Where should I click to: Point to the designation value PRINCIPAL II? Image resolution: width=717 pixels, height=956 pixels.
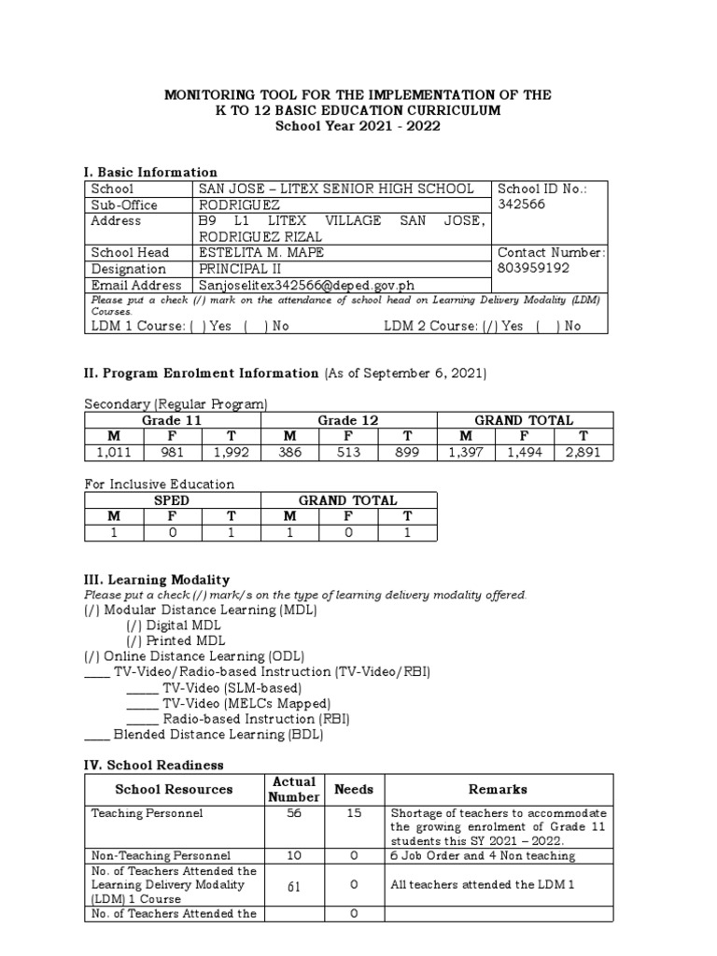[x=238, y=269]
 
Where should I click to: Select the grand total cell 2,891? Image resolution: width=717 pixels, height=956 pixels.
[x=583, y=453]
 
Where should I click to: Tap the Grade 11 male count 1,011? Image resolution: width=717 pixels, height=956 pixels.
[x=114, y=453]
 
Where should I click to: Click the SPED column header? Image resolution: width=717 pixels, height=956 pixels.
[x=172, y=500]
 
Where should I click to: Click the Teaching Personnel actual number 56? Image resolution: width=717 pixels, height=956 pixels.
[x=294, y=813]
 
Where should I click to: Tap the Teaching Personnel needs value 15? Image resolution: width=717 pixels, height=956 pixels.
[x=354, y=813]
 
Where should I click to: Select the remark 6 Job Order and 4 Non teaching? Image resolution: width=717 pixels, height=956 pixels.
[x=484, y=854]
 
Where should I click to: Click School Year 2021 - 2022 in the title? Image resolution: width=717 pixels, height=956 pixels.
[x=358, y=126]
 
